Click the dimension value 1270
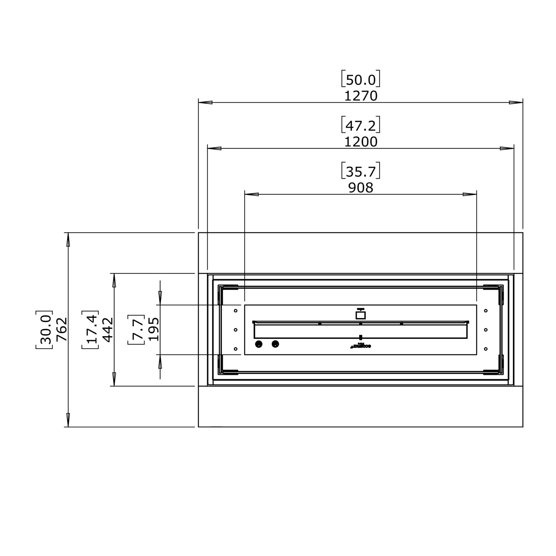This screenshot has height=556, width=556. [x=361, y=96]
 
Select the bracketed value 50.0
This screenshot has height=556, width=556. [x=361, y=80]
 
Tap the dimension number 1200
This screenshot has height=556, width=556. [x=361, y=142]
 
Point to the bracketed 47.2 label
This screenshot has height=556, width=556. [x=361, y=126]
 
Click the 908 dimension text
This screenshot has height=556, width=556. [x=361, y=188]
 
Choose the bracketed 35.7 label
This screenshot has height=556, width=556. [x=361, y=172]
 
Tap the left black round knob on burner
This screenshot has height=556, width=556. [x=259, y=344]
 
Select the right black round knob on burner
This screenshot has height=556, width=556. [x=275, y=344]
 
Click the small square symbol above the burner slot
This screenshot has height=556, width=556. [x=361, y=315]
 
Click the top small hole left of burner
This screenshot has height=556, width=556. [x=235, y=311]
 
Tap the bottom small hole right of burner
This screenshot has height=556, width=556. [x=486, y=349]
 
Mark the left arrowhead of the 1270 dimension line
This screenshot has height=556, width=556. [x=205, y=102]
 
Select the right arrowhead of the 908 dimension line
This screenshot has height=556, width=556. [x=470, y=194]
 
